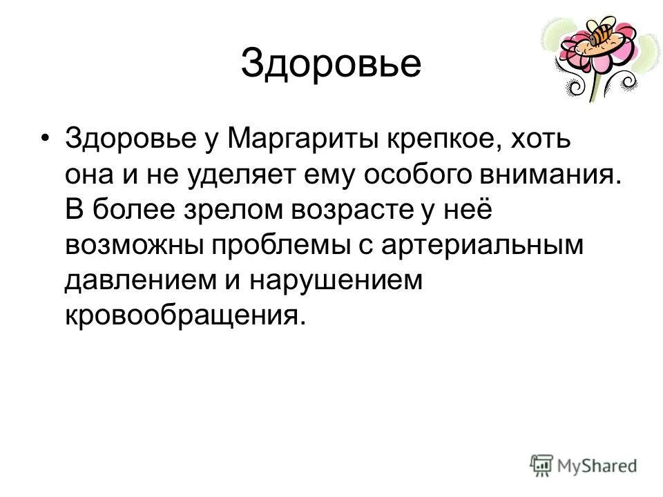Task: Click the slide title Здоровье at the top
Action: tap(331, 64)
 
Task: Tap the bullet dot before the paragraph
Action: tap(46, 137)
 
